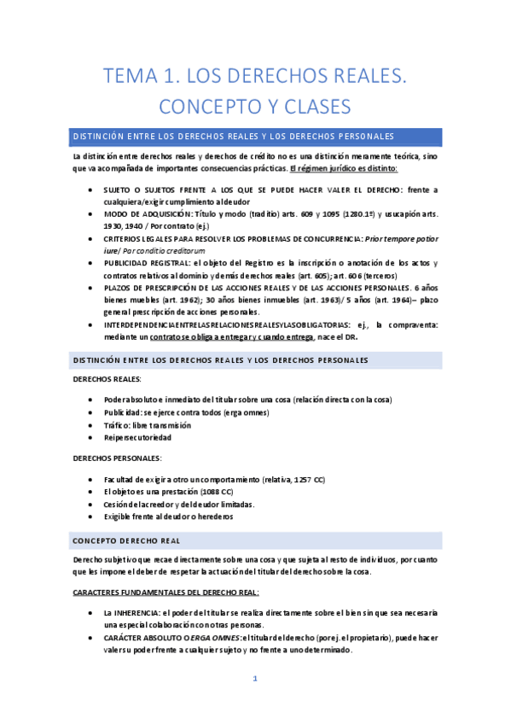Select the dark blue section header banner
(x=256, y=137)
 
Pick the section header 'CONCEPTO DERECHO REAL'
(x=126, y=540)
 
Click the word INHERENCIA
(x=141, y=613)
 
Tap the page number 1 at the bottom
(x=255, y=680)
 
